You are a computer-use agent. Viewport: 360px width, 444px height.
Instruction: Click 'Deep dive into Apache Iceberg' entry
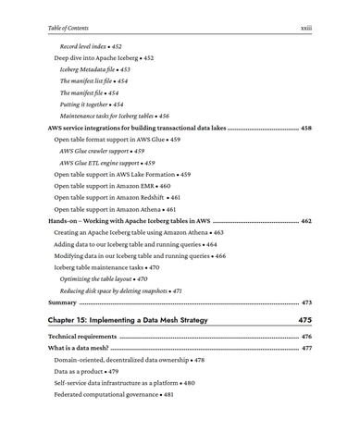[98, 57]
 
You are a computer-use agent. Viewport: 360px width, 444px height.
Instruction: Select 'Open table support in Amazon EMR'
[106, 186]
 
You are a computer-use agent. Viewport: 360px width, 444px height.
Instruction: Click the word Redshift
[149, 198]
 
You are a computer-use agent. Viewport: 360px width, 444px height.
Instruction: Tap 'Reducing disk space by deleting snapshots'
[117, 290]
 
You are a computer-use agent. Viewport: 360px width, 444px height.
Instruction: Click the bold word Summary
[62, 302]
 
